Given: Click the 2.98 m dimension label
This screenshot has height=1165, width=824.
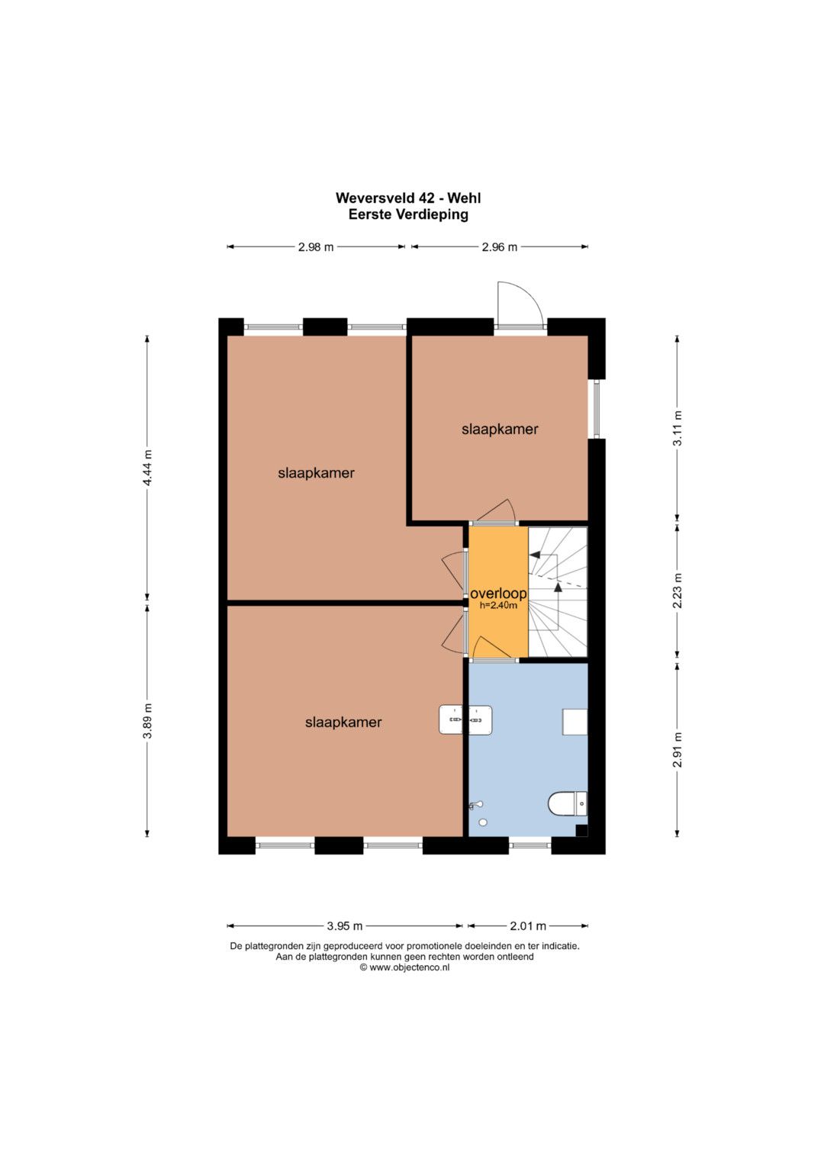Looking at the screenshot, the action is pos(316,247).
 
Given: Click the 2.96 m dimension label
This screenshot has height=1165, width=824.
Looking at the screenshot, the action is pos(500,247).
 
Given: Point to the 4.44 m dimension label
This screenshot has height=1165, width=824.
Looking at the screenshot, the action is pos(147,467).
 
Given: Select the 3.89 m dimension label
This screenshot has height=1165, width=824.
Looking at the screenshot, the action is pos(147,720).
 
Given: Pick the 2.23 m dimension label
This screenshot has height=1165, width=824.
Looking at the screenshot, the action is pos(678,591).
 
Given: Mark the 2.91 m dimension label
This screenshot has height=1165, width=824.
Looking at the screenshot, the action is pos(678,749).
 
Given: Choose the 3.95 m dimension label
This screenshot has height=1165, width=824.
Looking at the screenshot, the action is pos(344,925).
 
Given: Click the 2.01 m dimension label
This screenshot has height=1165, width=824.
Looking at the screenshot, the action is pos(528,925).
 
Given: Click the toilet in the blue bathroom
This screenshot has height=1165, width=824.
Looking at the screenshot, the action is pos(568,804).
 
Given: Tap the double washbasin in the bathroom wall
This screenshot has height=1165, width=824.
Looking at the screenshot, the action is pos(465,719).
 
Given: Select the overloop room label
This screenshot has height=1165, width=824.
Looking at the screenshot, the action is pos(498,594).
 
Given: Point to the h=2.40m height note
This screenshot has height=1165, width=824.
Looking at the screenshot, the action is pos(498,605).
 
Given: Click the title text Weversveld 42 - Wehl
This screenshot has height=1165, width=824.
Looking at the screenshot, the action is pos(408,198).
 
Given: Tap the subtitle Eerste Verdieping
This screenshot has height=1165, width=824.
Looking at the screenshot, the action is pos(408,214).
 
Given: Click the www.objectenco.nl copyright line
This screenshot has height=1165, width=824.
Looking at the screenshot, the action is pos(404,968).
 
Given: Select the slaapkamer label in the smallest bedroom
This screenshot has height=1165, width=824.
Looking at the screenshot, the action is pos(500,429).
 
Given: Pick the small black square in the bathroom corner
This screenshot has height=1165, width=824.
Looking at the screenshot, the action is pos(581,830).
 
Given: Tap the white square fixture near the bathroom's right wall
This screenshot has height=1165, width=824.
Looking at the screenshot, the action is pos(575,722).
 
